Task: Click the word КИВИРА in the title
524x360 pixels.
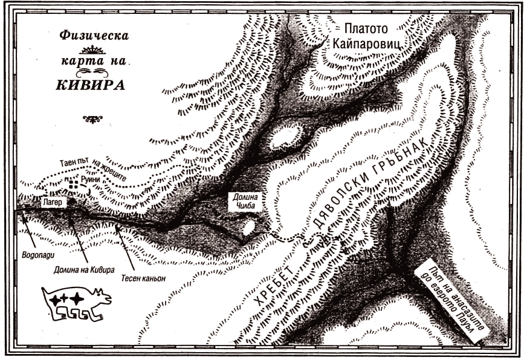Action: click(x=91, y=85)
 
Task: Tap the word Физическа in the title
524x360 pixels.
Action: click(x=92, y=36)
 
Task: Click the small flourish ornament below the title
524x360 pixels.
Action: click(x=92, y=119)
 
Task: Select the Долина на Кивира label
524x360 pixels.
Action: click(x=84, y=269)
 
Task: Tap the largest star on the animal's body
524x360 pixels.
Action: click(x=76, y=299)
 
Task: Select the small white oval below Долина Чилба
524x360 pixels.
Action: click(x=248, y=228)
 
